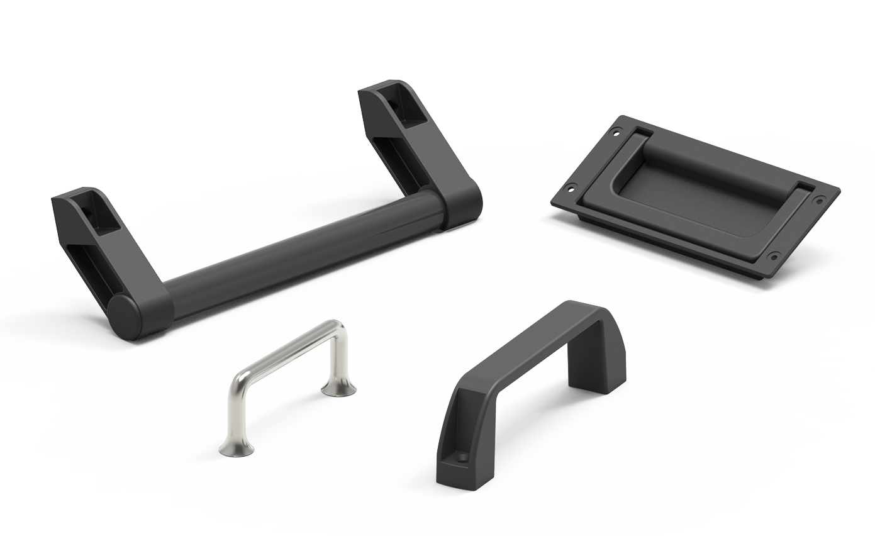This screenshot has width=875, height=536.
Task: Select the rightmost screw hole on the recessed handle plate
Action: click(819, 200)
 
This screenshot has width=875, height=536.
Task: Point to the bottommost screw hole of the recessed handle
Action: click(774, 256)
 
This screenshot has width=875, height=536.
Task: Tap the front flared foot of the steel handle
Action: click(237, 447)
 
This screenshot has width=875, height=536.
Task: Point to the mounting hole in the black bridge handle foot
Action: click(464, 457)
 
